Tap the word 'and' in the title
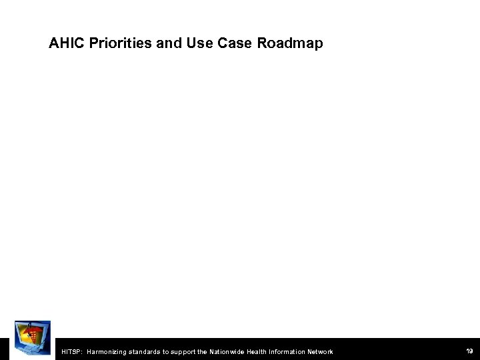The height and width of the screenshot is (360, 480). tap(163, 44)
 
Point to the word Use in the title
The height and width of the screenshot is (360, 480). tap(192, 44)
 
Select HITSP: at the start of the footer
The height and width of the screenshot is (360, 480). tap(70, 351)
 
